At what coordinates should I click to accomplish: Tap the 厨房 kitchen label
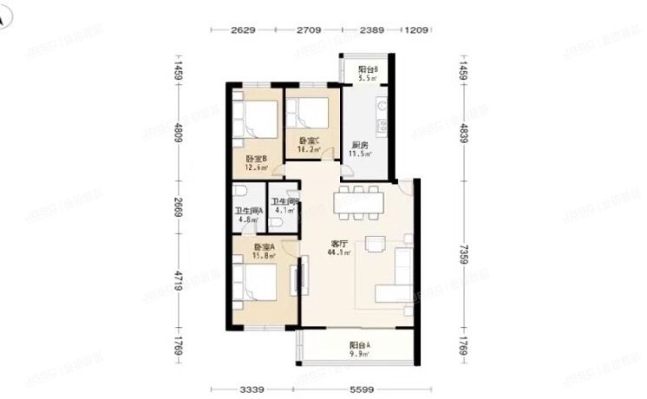tap(358, 145)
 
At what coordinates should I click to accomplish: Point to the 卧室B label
tap(255, 158)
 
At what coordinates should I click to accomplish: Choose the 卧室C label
tap(309, 141)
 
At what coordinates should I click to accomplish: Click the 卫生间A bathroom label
tap(249, 210)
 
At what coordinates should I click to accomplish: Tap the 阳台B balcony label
tap(368, 70)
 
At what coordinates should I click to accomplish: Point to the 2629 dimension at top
tap(244, 31)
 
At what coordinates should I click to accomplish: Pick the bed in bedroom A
tap(258, 287)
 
